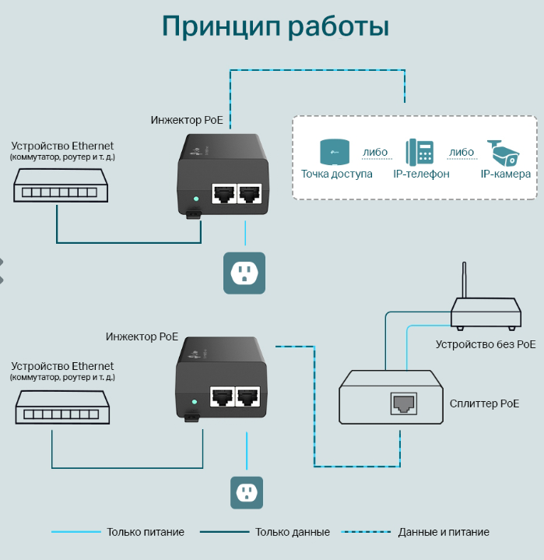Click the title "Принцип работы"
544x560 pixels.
click(x=275, y=26)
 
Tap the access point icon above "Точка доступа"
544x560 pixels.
click(x=335, y=151)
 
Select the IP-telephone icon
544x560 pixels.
click(x=420, y=152)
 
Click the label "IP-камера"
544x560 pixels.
click(x=505, y=174)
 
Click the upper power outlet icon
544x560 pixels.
click(x=244, y=273)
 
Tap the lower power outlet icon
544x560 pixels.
click(x=247, y=492)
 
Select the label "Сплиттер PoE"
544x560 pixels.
click(x=484, y=403)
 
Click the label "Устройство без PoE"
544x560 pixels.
click(x=485, y=343)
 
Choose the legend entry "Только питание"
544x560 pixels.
click(x=146, y=532)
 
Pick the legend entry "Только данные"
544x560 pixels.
click(x=292, y=532)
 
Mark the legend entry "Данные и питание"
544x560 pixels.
click(x=444, y=532)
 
